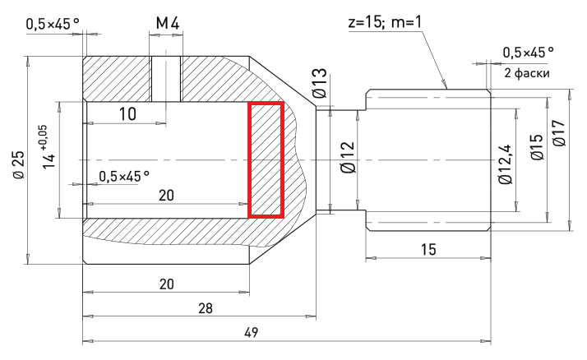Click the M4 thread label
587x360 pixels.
click(168, 23)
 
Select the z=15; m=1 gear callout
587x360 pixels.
click(385, 22)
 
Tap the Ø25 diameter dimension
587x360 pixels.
click(18, 164)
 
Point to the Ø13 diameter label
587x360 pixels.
click(320, 84)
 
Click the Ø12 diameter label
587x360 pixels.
click(348, 157)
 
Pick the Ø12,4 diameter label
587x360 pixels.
click(506, 164)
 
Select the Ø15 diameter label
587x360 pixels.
click(537, 147)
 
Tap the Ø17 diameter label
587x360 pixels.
click(559, 133)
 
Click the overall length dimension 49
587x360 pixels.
click(252, 332)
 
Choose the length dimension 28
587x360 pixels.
click(206, 309)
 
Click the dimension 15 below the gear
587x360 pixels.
click(428, 249)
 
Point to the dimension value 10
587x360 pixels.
click(127, 114)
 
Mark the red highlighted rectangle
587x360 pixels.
click(266, 159)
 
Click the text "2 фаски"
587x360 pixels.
click(527, 72)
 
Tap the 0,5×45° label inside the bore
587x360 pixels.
click(124, 176)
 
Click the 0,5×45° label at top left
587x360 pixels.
click(53, 24)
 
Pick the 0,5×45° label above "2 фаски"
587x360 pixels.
click(529, 53)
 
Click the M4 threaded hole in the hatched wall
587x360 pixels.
click(166, 79)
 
